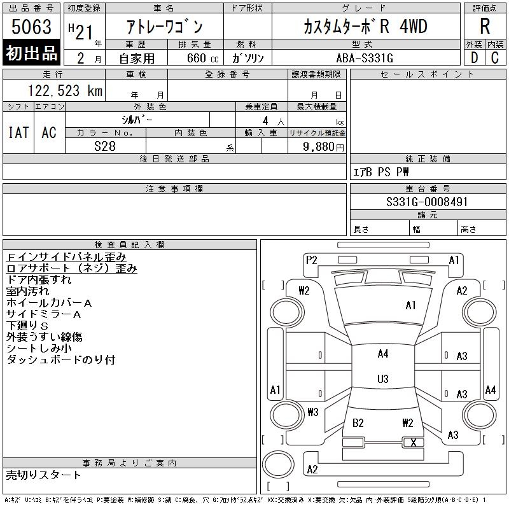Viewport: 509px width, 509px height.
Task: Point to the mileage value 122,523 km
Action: [x=64, y=91]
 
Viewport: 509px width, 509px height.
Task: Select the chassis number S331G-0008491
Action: [x=427, y=202]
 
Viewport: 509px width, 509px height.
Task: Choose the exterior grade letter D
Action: [x=474, y=58]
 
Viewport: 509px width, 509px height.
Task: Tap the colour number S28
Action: [x=106, y=146]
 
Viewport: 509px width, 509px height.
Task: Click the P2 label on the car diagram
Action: [x=311, y=260]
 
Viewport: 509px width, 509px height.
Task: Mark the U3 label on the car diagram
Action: [x=382, y=379]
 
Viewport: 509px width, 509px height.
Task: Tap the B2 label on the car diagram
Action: [x=358, y=422]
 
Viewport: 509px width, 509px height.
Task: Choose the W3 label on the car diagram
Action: [x=312, y=412]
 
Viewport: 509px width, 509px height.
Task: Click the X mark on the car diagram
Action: [x=414, y=443]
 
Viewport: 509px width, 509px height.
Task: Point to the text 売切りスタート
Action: [x=44, y=475]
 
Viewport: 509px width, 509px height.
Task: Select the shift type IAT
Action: [x=18, y=132]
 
